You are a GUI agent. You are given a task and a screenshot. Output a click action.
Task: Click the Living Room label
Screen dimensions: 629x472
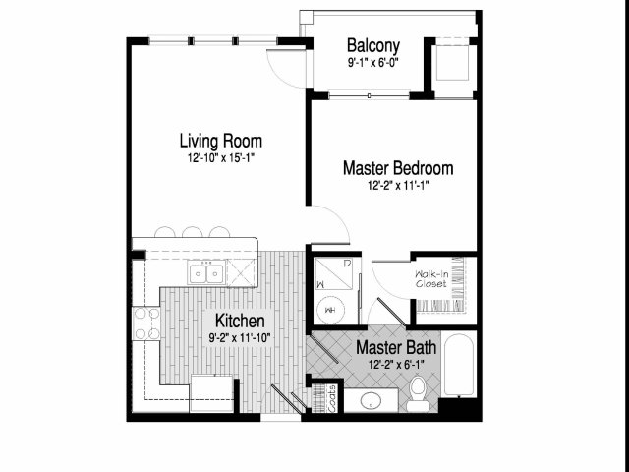pos(220,141)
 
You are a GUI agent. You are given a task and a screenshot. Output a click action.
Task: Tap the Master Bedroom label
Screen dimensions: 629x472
pos(398,168)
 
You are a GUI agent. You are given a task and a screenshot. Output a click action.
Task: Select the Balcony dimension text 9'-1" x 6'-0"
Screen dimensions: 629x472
pos(373,63)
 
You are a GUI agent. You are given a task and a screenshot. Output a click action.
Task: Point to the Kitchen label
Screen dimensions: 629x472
pos(240,321)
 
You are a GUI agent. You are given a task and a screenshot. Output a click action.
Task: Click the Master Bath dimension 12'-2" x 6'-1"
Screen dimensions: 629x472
pos(396,365)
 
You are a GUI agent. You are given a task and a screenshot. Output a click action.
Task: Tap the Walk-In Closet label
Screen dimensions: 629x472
pos(431,279)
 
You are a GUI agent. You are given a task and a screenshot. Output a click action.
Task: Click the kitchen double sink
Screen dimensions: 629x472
pos(206,273)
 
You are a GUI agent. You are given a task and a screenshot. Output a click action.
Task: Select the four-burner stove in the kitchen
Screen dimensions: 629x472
pos(146,324)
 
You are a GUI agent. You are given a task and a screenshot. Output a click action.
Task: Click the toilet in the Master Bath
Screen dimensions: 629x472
pos(418,393)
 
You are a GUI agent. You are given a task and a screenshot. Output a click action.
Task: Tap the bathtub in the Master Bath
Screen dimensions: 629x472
pos(459,365)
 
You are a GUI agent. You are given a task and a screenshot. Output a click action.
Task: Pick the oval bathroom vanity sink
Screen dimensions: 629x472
pos(371,400)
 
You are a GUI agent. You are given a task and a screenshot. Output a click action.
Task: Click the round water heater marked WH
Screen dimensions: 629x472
pos(330,310)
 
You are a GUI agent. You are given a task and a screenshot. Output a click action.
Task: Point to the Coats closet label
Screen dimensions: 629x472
pos(332,398)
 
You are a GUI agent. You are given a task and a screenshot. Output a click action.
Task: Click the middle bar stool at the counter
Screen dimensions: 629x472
pos(193,232)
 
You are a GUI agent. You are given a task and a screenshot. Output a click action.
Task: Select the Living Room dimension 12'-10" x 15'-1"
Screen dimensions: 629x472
pos(221,157)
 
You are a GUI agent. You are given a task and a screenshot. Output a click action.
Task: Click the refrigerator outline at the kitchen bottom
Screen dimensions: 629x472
pos(211,393)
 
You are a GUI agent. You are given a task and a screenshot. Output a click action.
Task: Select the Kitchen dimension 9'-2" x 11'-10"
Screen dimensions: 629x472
pos(240,338)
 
